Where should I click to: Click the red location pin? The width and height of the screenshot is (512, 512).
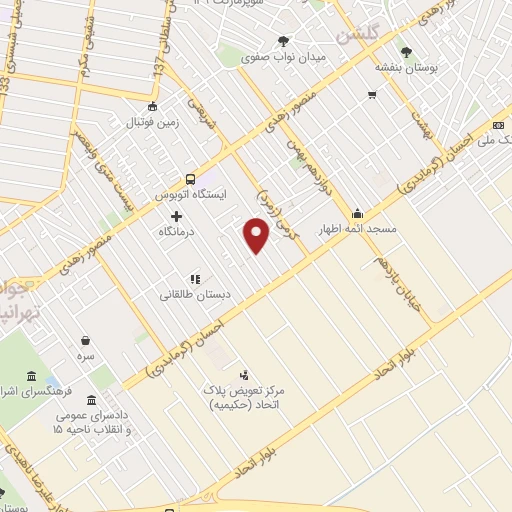[x=257, y=236]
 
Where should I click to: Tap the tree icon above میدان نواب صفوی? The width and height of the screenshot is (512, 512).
[x=284, y=41]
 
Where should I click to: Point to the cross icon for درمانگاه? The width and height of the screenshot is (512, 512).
[x=176, y=216]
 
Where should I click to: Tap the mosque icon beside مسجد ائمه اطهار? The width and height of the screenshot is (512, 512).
[x=357, y=213]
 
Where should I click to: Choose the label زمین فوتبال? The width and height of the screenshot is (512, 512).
[x=151, y=123]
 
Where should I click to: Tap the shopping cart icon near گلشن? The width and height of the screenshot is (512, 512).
[x=371, y=96]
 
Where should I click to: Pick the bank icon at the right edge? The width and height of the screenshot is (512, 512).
[x=498, y=126]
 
